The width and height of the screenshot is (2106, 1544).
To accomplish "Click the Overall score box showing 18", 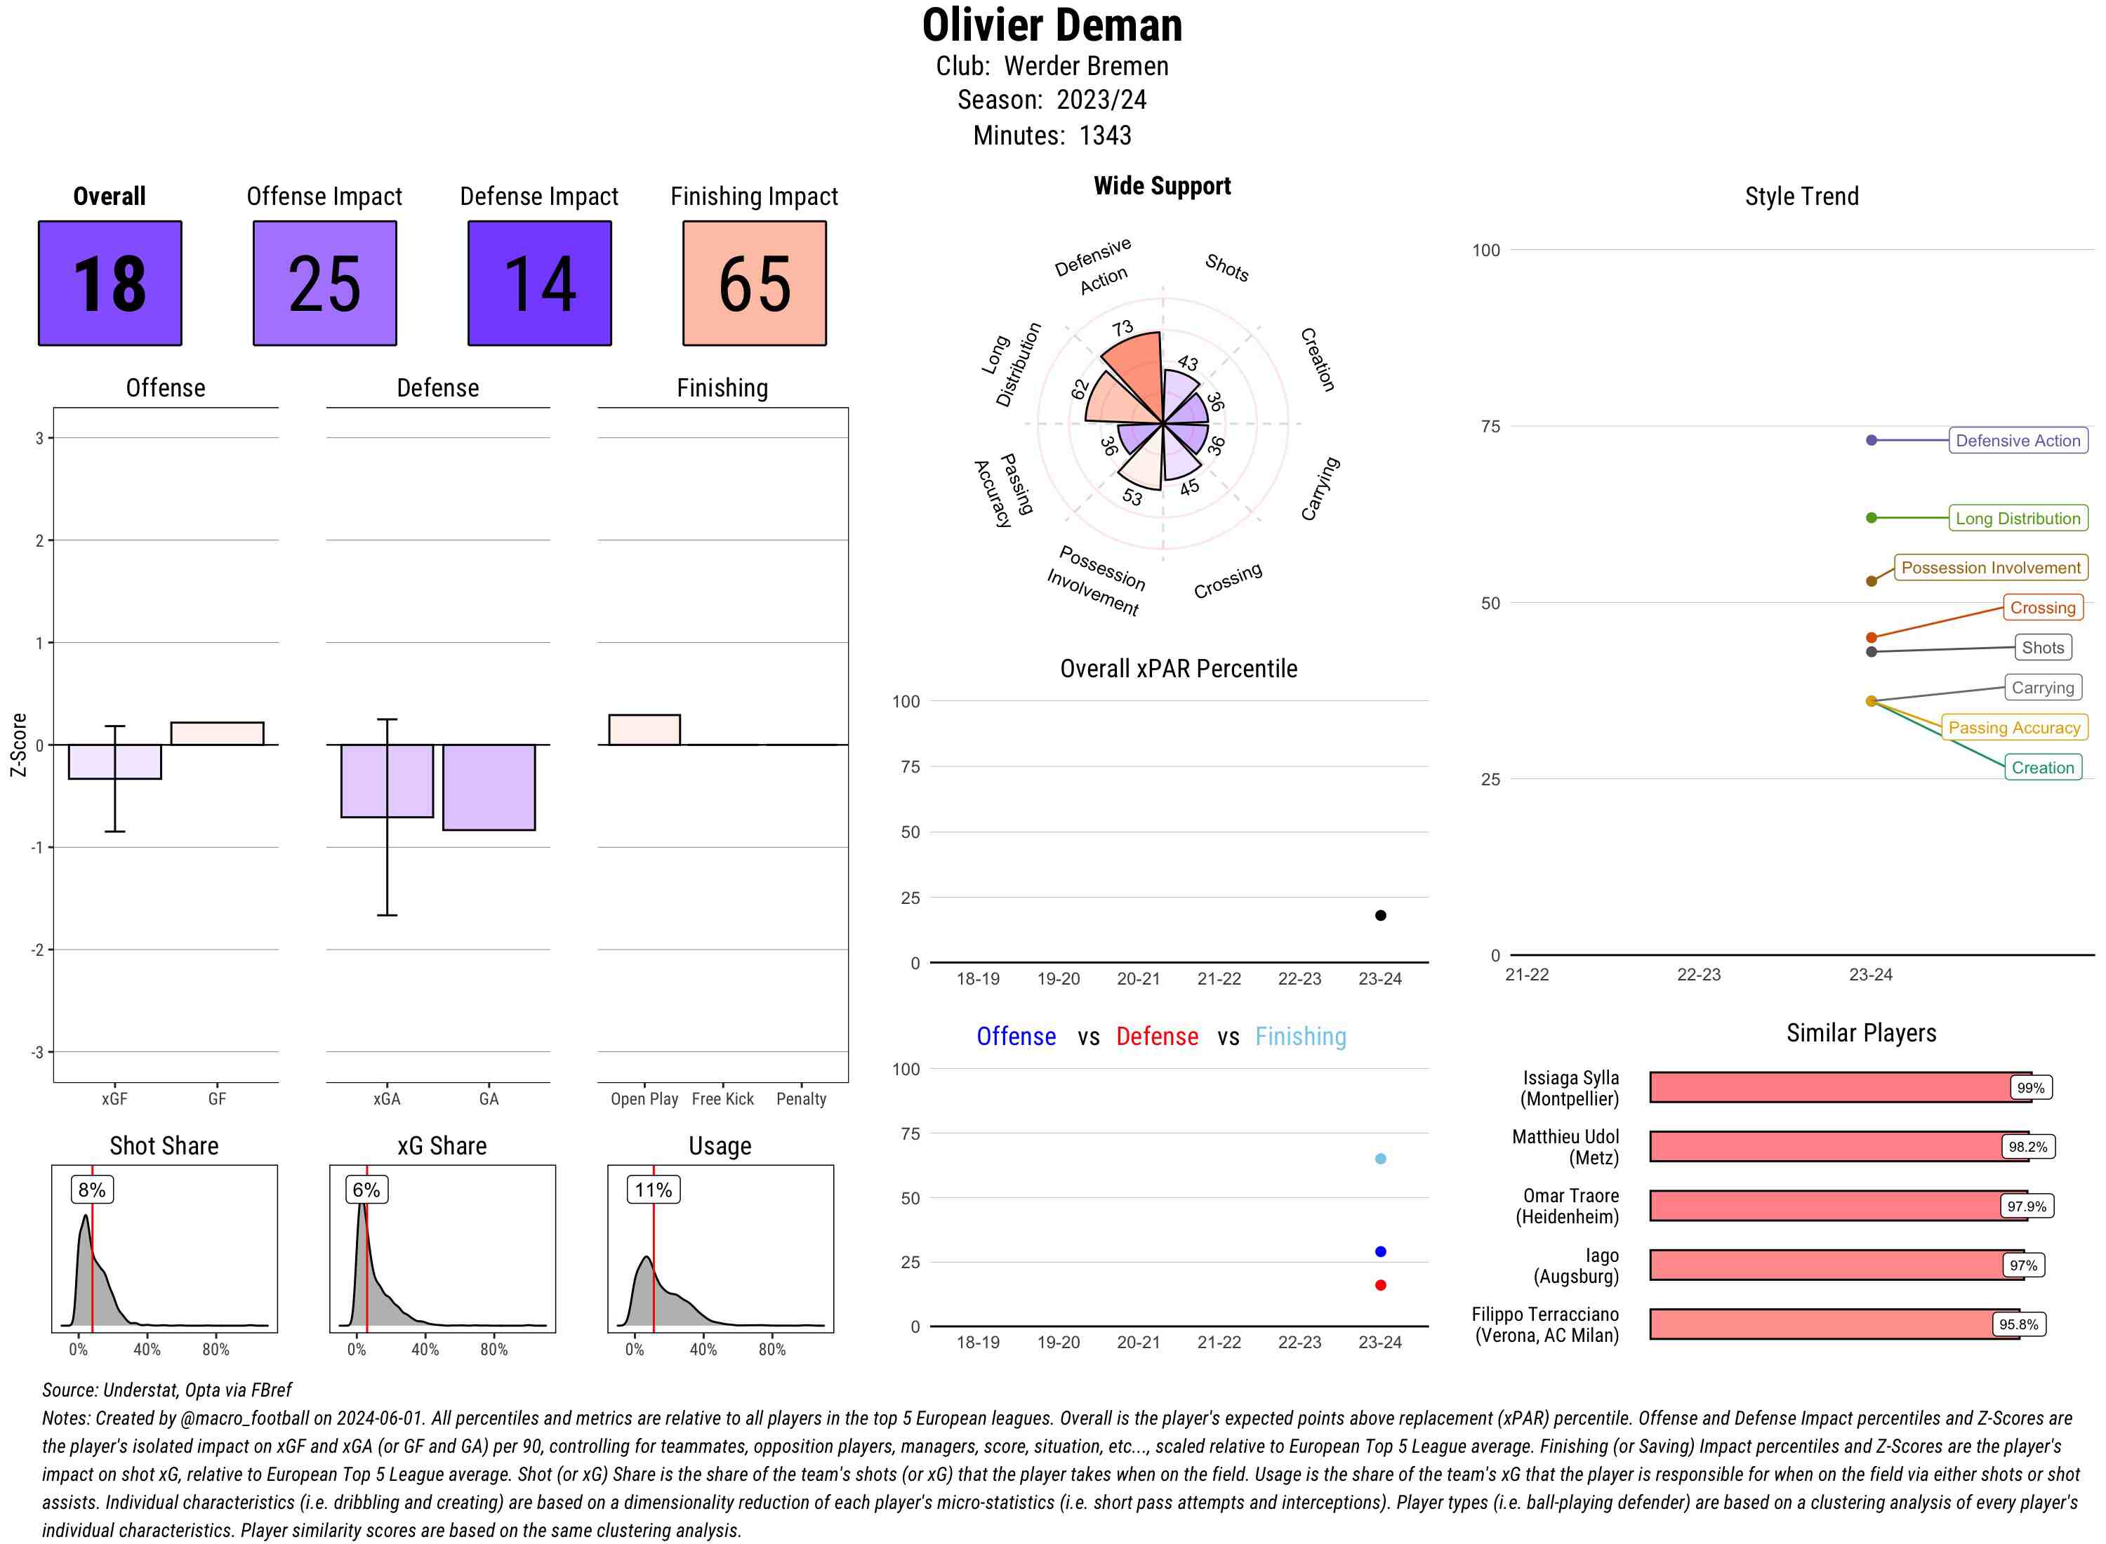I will [110, 284].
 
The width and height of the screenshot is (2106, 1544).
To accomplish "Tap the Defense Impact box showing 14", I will [539, 284].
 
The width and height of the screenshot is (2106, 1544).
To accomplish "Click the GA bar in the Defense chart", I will [489, 787].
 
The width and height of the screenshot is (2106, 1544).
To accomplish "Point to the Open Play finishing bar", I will [644, 730].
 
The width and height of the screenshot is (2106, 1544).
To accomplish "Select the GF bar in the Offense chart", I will [217, 733].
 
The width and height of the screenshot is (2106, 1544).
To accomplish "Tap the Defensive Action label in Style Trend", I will [2018, 440].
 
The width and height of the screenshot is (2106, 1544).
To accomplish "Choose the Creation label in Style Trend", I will [2041, 767].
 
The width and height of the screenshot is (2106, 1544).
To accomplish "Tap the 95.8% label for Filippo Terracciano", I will [2018, 1324].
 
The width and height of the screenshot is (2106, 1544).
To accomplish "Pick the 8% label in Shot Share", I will [91, 1190].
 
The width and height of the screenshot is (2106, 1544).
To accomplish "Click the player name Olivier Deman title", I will [1052, 25].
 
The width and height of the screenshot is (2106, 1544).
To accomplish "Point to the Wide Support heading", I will [1161, 186].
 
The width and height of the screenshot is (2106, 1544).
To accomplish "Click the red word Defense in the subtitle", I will [1156, 1037].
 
